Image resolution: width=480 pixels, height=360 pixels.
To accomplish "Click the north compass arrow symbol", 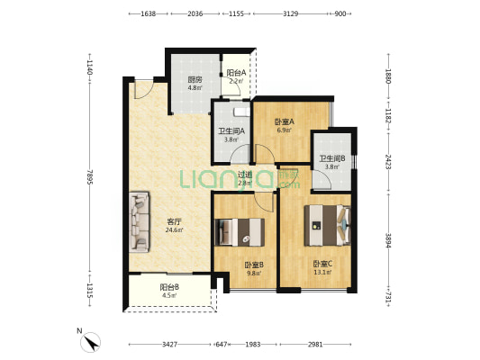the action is point(91,342).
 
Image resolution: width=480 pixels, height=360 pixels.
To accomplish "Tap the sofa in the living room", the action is point(140,221).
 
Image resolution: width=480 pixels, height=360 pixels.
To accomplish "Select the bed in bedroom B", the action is point(240,232).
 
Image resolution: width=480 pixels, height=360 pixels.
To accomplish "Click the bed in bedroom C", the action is point(327,225).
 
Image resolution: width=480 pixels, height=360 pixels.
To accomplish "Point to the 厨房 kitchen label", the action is point(195,80).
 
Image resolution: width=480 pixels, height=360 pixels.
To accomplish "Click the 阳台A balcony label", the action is point(236,73).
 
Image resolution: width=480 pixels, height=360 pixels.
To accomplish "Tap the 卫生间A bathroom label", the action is point(231,131).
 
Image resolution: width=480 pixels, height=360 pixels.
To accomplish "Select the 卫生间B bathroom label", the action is point(332,158).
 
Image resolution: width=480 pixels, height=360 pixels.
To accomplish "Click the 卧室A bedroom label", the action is point(284,121).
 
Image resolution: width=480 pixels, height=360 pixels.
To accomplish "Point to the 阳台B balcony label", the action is point(169,287).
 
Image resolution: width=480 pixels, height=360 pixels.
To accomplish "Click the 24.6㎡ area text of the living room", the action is point(174,230).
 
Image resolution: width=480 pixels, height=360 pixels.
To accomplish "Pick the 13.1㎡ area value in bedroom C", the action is point(323,272).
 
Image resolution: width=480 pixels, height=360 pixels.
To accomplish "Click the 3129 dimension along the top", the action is point(291,13).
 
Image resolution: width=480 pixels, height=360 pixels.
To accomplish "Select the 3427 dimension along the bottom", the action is point(169,345).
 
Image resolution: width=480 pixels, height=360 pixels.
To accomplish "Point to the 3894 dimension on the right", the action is point(388,241).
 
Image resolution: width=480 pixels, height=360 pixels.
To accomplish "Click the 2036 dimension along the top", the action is point(195,13).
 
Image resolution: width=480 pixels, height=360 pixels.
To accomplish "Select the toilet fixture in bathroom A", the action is point(242,112).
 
